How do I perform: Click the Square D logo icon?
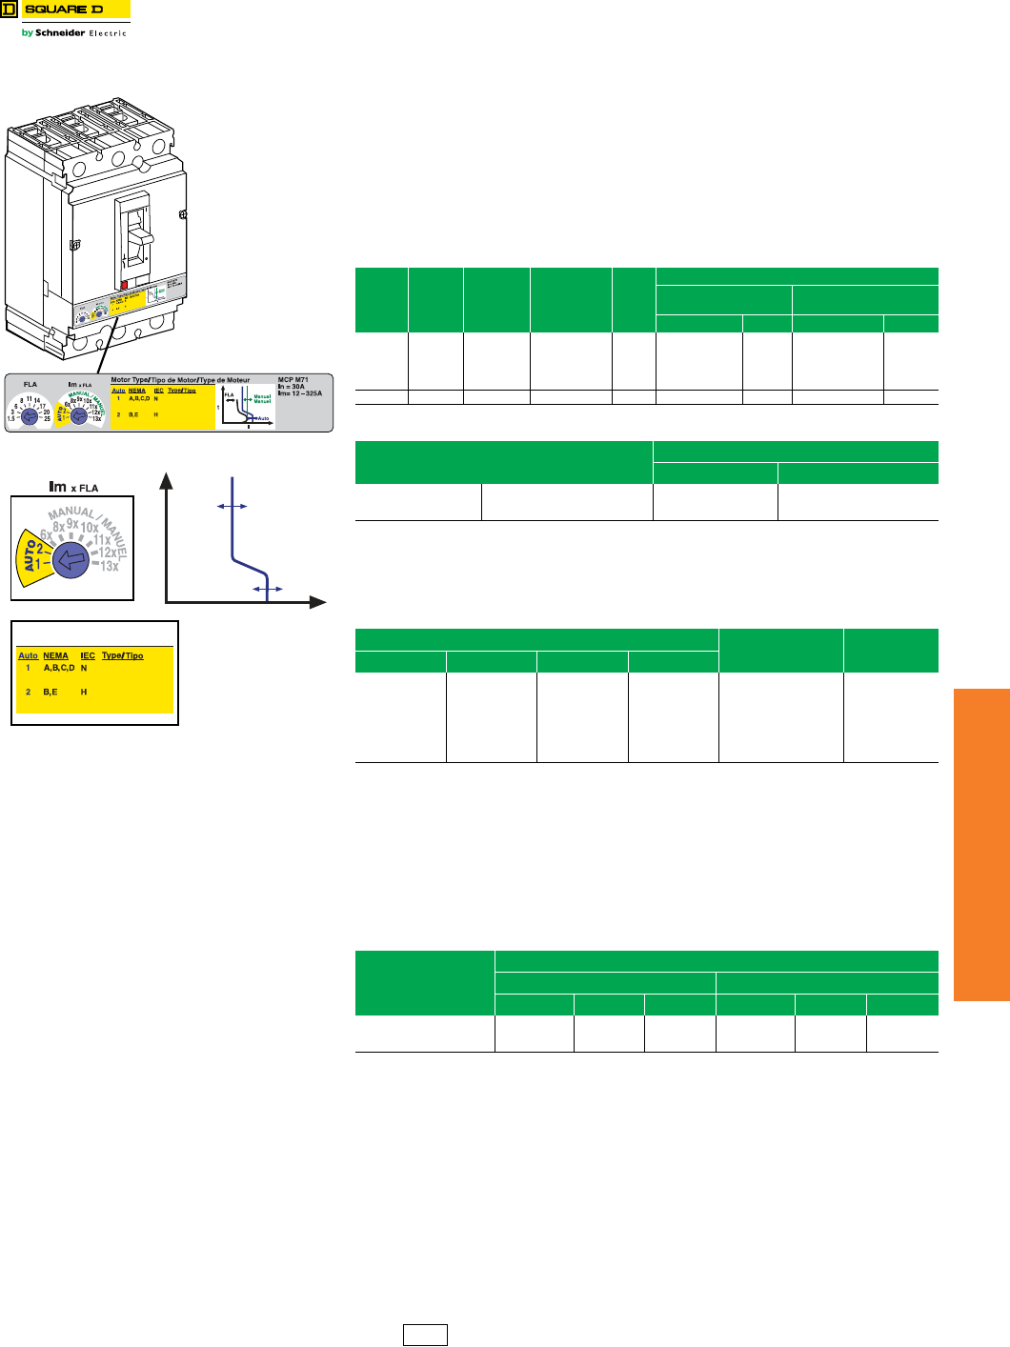(x=9, y=10)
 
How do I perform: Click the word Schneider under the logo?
(x=60, y=32)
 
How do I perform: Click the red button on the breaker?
(x=124, y=283)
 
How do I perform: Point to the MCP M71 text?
(x=293, y=380)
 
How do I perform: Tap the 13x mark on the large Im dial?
(x=110, y=566)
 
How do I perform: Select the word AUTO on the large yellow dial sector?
(x=30, y=559)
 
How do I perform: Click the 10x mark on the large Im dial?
(x=90, y=527)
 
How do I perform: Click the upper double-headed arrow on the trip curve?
(x=232, y=506)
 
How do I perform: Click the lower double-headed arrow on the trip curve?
(x=267, y=590)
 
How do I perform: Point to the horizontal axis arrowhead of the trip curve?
(x=318, y=602)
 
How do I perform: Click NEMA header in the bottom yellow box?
(x=56, y=655)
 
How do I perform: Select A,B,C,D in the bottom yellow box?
(x=59, y=669)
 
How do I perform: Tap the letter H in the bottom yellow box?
(x=84, y=692)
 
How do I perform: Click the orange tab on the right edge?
(x=981, y=844)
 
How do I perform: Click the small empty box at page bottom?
(x=424, y=1336)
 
